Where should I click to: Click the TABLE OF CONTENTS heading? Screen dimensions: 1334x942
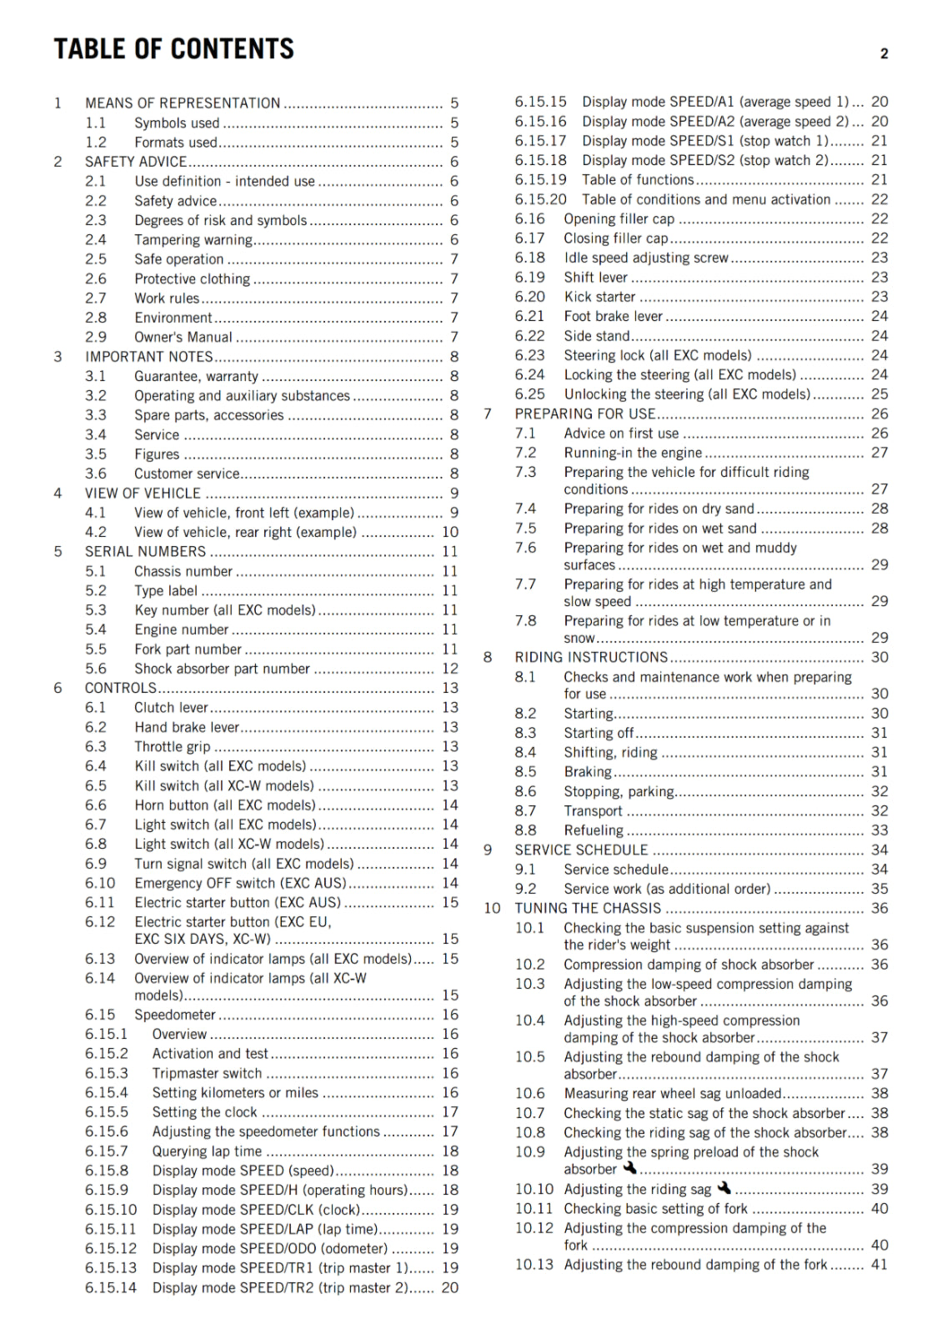(173, 49)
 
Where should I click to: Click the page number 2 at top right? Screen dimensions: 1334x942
(884, 54)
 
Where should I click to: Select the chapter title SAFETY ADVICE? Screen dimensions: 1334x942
(136, 162)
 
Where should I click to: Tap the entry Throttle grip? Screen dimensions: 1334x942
(173, 747)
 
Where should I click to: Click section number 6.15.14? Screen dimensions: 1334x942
(110, 1288)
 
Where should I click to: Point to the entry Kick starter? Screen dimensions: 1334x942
(599, 297)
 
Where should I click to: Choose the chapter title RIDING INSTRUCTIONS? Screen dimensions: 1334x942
(591, 658)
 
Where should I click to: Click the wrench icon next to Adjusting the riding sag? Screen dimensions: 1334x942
(724, 1188)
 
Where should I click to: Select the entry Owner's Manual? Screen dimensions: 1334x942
(183, 338)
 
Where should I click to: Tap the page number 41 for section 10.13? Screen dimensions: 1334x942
(879, 1265)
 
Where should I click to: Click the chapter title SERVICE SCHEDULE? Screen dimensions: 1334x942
(581, 850)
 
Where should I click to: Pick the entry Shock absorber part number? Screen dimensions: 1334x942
(222, 669)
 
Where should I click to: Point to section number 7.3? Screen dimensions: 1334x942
(525, 472)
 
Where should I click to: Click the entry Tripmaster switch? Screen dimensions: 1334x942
(207, 1074)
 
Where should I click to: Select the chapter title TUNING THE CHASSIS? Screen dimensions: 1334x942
(588, 909)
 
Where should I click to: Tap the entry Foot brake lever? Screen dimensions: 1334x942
(613, 317)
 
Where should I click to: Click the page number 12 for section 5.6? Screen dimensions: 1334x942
(450, 669)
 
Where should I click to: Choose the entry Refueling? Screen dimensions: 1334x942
(594, 830)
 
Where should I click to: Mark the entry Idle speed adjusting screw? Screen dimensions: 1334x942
(646, 258)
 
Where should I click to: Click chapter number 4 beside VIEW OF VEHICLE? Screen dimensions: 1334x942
(58, 494)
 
